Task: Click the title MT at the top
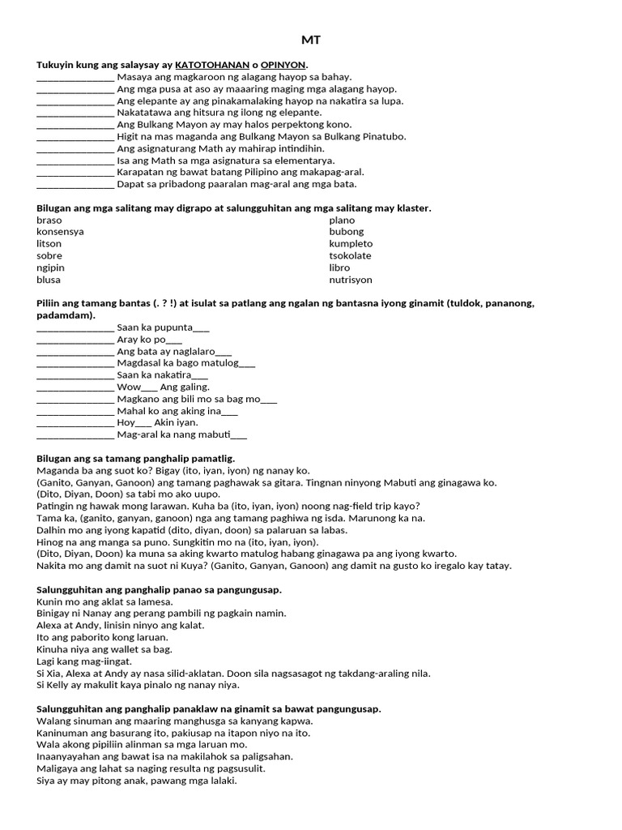(x=311, y=40)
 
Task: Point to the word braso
(x=49, y=220)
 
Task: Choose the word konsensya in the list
(x=60, y=232)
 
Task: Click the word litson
(x=49, y=244)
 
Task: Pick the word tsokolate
(x=350, y=255)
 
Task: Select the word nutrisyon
(x=351, y=280)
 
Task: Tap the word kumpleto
(x=351, y=244)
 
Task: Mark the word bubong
(x=347, y=232)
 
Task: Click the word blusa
(x=49, y=280)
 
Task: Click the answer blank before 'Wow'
(x=75, y=387)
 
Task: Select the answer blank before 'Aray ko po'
(x=75, y=340)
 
